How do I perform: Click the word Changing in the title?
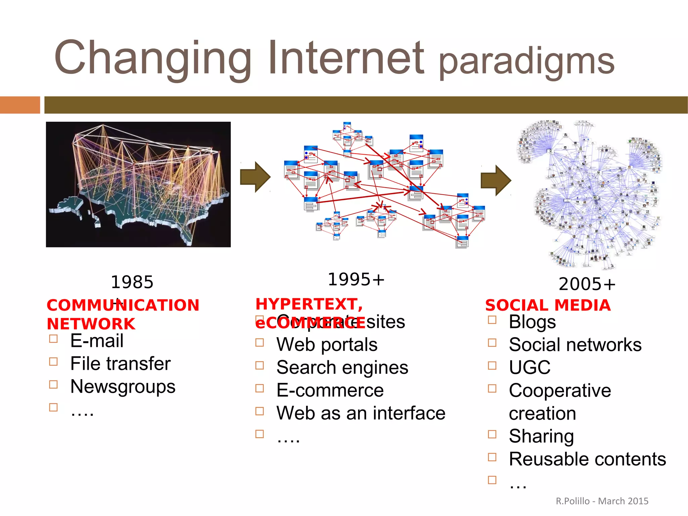pos(153,58)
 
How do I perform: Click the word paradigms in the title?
pos(526,62)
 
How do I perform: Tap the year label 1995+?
pos(356,280)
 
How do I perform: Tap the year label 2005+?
pos(587,284)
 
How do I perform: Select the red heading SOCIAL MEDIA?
pos(548,305)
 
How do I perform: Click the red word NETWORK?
pos(91,324)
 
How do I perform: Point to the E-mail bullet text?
pos(97,341)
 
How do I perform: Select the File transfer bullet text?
pos(120,363)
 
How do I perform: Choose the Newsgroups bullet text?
pos(123,387)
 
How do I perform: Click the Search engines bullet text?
pos(342,367)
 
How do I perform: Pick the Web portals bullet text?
pos(327,345)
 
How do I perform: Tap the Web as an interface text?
pos(360,413)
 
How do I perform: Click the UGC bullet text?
pos(529,367)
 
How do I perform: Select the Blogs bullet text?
pos(532,322)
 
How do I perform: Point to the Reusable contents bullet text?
pos(587,459)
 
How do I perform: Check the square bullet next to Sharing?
pos(492,434)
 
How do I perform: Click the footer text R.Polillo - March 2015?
pos(602,501)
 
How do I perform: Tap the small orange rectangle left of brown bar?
pos(20,105)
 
